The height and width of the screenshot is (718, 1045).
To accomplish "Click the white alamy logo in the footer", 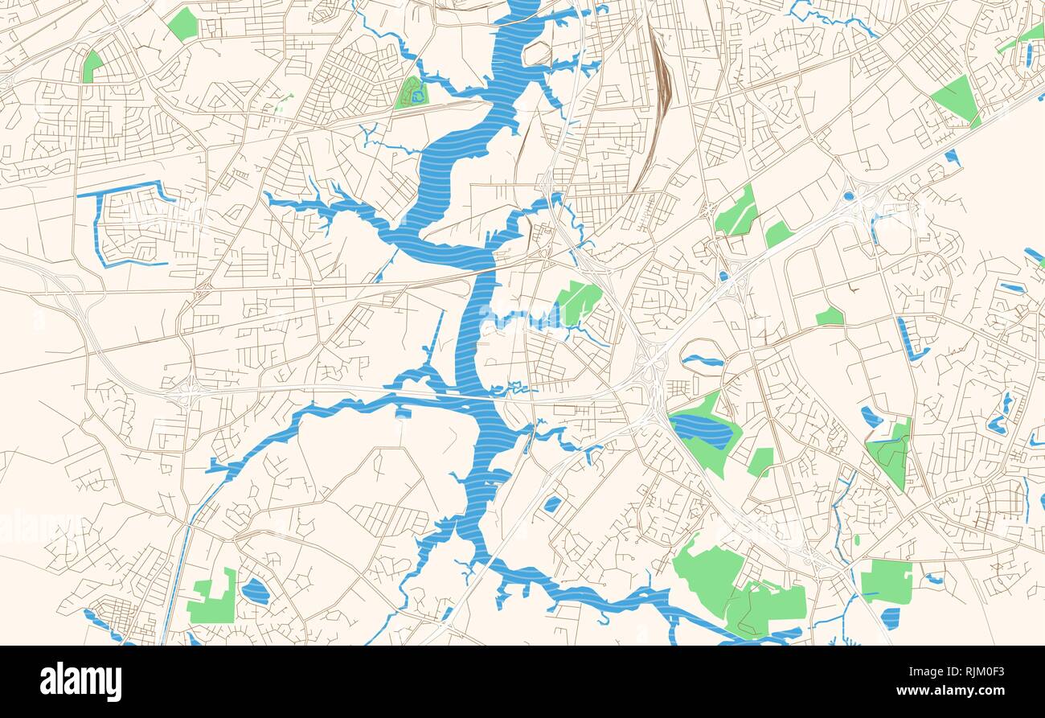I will (x=80, y=682).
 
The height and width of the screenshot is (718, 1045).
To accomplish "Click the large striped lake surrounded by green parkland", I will (x=701, y=432).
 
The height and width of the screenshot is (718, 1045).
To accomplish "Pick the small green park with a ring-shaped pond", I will (x=412, y=93).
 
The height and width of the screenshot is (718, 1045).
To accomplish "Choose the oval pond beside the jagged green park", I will (x=255, y=591).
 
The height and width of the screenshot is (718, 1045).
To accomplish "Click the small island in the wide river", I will (x=536, y=54).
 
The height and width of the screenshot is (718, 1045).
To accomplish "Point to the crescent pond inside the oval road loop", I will (x=702, y=360).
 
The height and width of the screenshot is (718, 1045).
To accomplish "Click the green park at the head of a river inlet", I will (x=578, y=302).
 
